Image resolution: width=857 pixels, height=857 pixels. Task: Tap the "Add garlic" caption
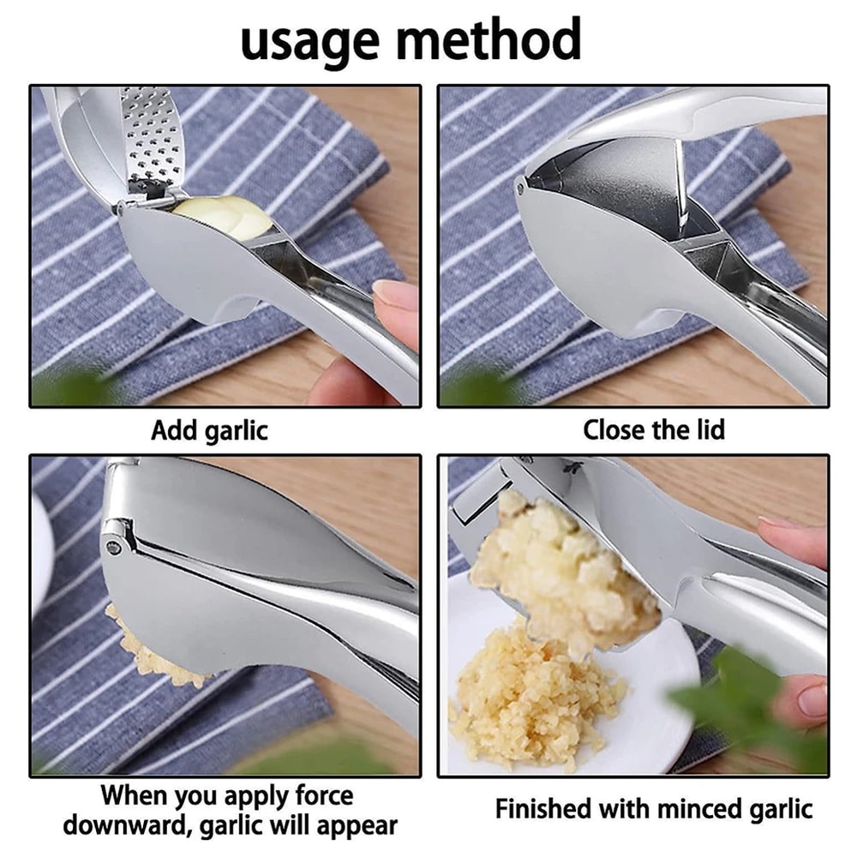coord(209,430)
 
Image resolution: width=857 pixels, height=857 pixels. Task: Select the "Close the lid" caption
coord(653,430)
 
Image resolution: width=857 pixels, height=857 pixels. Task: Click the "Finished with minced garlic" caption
coord(653,808)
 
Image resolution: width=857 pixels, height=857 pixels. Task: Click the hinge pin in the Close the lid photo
coord(520,183)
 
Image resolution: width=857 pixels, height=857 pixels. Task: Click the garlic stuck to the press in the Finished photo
coord(557,566)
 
